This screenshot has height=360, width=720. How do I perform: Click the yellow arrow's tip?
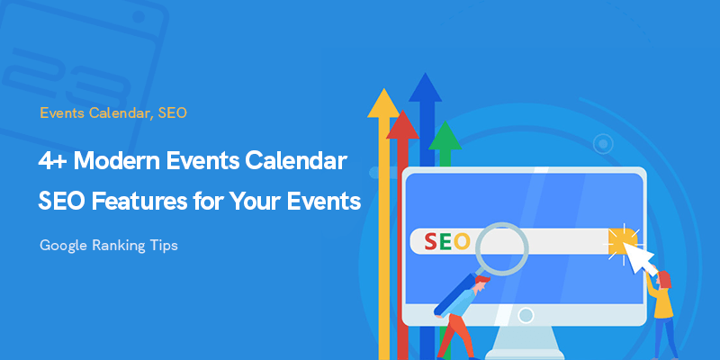tap(383, 89)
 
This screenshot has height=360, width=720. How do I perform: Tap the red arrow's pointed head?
tap(402, 111)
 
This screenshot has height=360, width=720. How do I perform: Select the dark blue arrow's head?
tap(425, 74)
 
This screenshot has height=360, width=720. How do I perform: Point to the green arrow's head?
tap(445, 122)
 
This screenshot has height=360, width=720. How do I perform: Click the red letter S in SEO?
tap(430, 241)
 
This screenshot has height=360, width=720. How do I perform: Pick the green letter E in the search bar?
tap(445, 241)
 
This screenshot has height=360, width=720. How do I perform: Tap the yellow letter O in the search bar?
tap(462, 241)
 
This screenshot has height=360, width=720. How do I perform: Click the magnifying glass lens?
tap(501, 247)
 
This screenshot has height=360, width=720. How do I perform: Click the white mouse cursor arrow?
tap(638, 257)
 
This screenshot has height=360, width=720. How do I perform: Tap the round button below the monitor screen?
tap(526, 316)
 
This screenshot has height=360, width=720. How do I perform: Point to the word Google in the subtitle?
tap(63, 246)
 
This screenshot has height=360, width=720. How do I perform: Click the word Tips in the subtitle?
tap(164, 246)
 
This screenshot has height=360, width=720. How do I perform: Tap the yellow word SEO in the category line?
tap(172, 113)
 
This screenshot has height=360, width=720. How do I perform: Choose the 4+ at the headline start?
tap(53, 162)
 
